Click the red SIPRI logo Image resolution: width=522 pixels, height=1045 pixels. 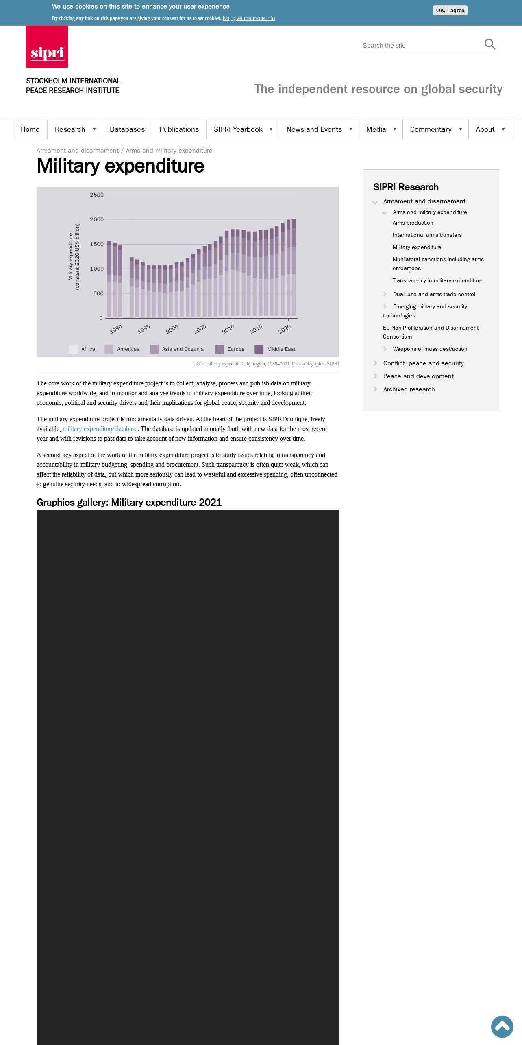coord(47,47)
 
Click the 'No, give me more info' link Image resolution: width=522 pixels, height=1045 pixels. coord(248,18)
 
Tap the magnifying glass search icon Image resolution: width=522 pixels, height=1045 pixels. coord(489,44)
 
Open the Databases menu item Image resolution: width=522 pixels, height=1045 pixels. coord(127,129)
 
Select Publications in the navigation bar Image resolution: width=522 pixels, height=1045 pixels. coord(179,129)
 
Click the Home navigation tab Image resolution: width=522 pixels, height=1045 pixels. coord(30,129)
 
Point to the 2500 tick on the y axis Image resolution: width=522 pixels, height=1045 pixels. coord(97,195)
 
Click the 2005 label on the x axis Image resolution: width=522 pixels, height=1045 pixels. coord(200,329)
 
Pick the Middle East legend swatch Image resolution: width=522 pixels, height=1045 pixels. coord(259,349)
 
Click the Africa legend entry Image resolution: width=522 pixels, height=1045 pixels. coord(88,349)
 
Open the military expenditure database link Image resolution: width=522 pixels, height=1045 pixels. coord(100,429)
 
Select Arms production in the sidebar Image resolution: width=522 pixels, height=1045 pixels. coord(413,223)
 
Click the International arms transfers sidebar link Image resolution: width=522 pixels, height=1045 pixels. coord(427,235)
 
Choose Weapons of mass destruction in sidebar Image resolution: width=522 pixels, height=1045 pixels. coord(430,349)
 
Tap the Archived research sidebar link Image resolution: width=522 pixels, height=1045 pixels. coord(409,389)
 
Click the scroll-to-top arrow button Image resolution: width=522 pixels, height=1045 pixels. coord(502,1027)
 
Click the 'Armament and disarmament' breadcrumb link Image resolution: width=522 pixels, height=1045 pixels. coord(78,151)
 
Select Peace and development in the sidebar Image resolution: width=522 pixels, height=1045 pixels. coord(418,376)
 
